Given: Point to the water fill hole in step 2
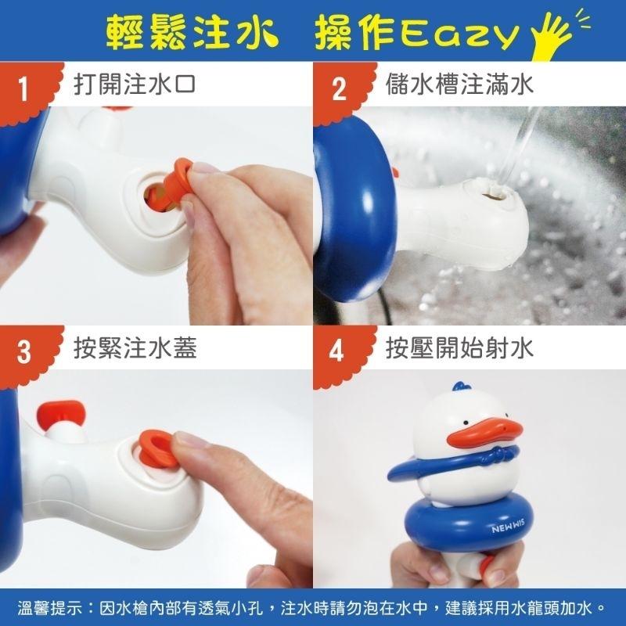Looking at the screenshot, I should click(493, 190).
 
